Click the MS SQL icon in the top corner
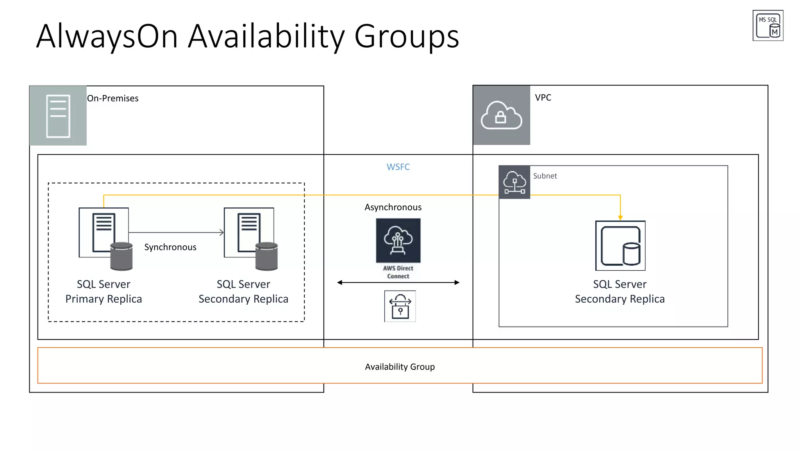click(768, 25)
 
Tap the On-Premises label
click(112, 98)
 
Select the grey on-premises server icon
click(58, 116)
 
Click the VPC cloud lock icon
click(501, 115)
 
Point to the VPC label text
click(543, 98)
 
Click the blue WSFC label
click(398, 167)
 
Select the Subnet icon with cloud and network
click(514, 182)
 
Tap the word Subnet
click(545, 176)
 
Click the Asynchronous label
click(393, 207)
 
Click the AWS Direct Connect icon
click(398, 241)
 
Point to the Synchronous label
click(170, 247)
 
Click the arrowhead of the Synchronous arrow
click(222, 232)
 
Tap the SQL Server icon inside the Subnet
click(620, 246)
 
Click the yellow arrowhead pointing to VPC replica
click(620, 218)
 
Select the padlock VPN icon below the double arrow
click(400, 306)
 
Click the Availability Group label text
click(400, 367)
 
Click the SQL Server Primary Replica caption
click(104, 291)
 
